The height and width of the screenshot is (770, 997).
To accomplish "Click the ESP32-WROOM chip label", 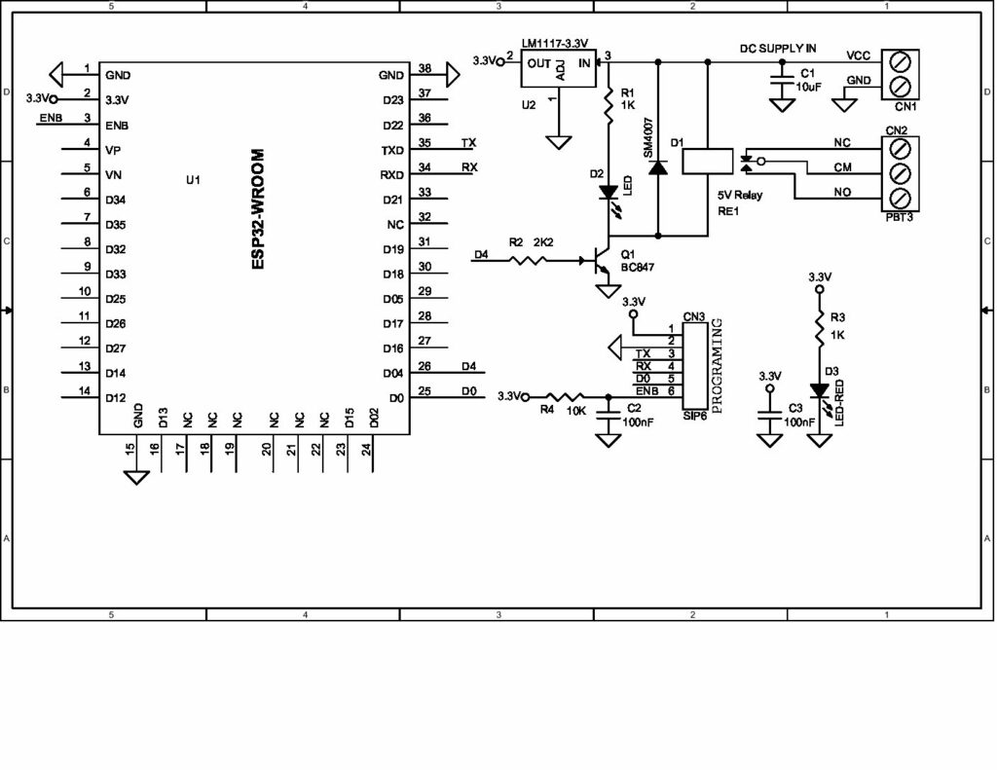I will [x=258, y=209].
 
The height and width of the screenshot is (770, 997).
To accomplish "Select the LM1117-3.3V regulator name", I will [x=554, y=43].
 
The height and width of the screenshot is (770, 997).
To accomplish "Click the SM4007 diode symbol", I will [x=659, y=166].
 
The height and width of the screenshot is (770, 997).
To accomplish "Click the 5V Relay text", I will [x=740, y=195].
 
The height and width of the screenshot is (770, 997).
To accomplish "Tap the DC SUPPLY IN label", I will [x=778, y=48].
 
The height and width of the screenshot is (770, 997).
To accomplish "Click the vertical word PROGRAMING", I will [x=718, y=365].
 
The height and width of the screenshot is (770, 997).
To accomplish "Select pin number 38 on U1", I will [x=424, y=68].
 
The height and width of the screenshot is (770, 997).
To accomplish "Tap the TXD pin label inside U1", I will [x=391, y=151].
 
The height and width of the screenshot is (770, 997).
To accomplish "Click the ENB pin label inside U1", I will [x=117, y=126].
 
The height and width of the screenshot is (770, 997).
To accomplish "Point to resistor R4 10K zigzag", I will [x=564, y=396].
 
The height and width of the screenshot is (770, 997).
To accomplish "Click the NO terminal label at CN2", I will [x=841, y=193].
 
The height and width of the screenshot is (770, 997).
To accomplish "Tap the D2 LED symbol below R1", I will [x=609, y=193].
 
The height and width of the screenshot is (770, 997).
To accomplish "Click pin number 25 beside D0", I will [x=424, y=391].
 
